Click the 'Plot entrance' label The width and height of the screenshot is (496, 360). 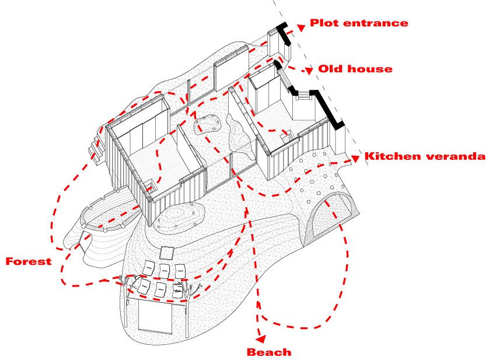pyautogui.click(x=358, y=23)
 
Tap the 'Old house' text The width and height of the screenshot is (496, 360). pyautogui.click(x=355, y=69)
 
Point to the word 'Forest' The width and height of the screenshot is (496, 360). pyautogui.click(x=28, y=261)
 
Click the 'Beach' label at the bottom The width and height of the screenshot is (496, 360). pyautogui.click(x=269, y=352)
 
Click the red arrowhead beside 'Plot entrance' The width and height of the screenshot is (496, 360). pyautogui.click(x=300, y=26)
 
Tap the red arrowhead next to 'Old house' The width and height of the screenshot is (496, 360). pyautogui.click(x=308, y=71)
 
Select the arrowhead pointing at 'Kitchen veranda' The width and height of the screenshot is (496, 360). pyautogui.click(x=355, y=158)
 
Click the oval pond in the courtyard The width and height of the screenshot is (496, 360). pyautogui.click(x=207, y=124)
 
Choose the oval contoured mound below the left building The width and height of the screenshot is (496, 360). pyautogui.click(x=177, y=218)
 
